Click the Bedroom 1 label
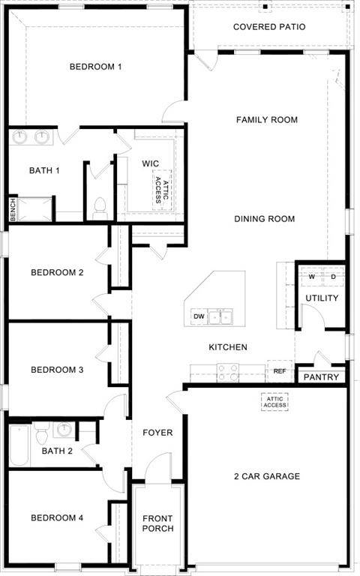[95, 67]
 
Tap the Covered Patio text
[268, 27]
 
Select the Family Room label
[266, 120]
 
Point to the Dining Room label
[264, 219]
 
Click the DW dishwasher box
[199, 317]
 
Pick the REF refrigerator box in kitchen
[279, 371]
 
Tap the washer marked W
[310, 276]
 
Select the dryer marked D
[333, 276]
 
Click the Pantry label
[321, 377]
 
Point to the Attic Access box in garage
[274, 402]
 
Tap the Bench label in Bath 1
[13, 209]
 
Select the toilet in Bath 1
[99, 208]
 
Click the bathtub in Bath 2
[19, 447]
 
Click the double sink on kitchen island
[220, 317]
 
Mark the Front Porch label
[157, 523]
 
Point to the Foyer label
[157, 433]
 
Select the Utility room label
[321, 298]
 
